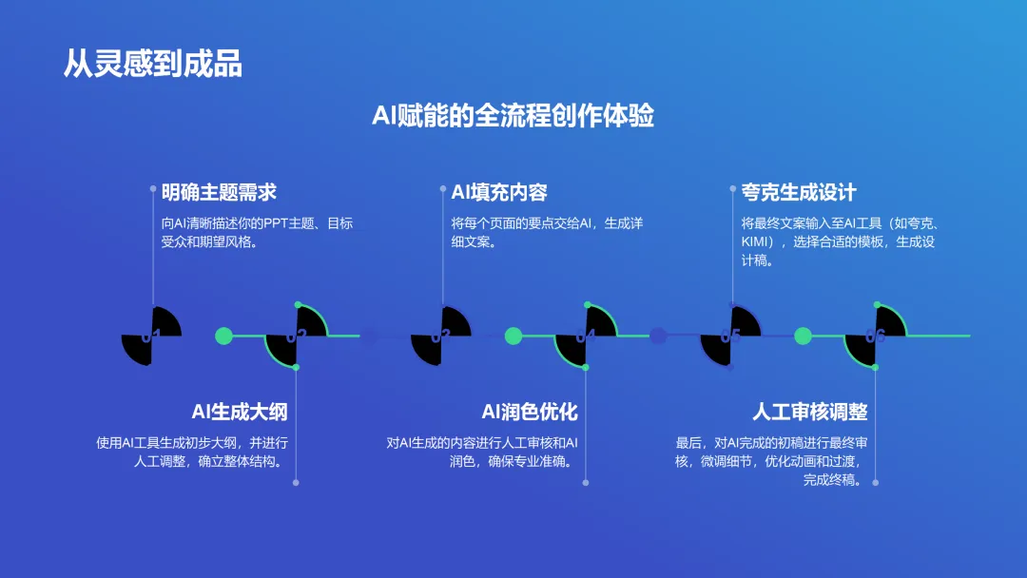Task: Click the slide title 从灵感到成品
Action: coord(152,63)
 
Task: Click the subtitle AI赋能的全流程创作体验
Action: coord(513,116)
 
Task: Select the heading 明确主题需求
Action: coord(219,192)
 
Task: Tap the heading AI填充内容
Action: coord(499,192)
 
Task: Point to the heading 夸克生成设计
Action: coord(799,192)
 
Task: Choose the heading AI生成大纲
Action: coord(240,412)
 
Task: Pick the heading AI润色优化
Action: coord(530,412)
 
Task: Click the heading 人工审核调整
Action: coord(810,412)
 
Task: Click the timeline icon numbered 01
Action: coord(151,336)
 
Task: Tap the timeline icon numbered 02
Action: coord(296,336)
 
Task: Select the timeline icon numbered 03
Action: coord(440,336)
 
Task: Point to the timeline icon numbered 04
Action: coord(586,336)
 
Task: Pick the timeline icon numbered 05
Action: coord(730,336)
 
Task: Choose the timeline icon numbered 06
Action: coord(875,336)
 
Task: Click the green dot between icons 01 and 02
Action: coord(224,336)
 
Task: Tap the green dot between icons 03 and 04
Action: coord(513,336)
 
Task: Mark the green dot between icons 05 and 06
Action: coord(803,336)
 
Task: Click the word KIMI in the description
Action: coord(756,242)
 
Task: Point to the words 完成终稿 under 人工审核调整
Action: coord(832,480)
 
